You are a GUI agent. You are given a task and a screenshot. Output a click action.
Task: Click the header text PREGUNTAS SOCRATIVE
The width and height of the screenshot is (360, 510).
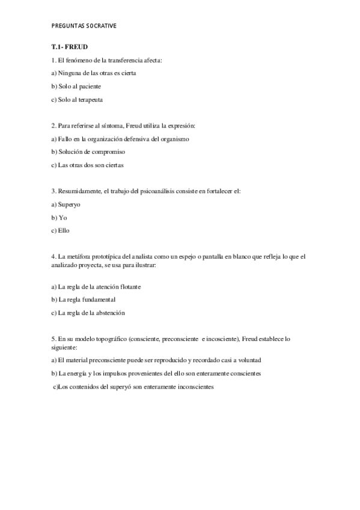tap(84, 26)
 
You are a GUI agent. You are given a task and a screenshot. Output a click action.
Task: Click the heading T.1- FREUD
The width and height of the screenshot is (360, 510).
tap(70, 47)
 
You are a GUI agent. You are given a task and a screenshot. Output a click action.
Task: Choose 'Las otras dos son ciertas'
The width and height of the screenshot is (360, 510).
tap(87, 165)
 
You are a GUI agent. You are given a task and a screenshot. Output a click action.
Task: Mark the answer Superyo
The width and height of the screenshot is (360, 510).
tap(69, 204)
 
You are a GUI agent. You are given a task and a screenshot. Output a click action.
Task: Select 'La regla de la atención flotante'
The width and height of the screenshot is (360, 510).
tap(99, 287)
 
